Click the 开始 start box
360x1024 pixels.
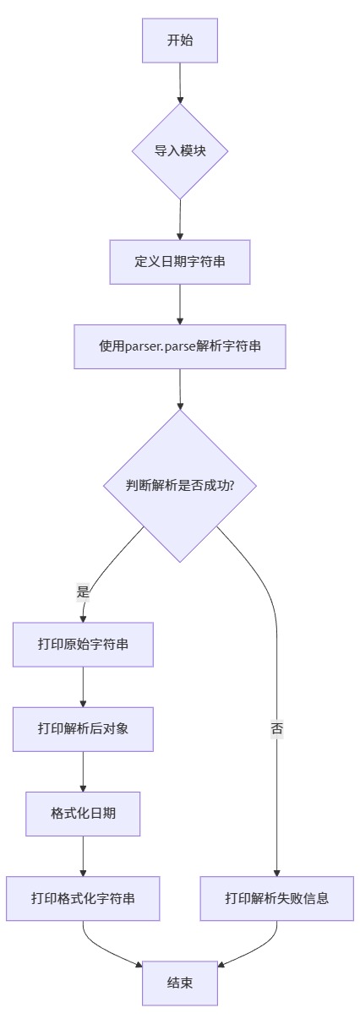click(x=180, y=41)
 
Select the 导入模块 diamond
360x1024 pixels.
click(x=180, y=152)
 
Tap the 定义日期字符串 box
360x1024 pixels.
click(x=180, y=262)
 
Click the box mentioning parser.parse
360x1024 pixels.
click(x=180, y=346)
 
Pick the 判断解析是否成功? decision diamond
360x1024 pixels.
click(x=180, y=486)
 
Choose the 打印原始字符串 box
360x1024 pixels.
click(x=83, y=645)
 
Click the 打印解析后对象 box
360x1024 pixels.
click(x=83, y=729)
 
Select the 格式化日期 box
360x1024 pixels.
click(x=83, y=814)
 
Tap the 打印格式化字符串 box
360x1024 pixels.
click(x=83, y=898)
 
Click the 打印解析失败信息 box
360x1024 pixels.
click(x=277, y=898)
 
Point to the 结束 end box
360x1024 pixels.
click(x=180, y=983)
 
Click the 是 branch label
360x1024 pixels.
click(x=83, y=592)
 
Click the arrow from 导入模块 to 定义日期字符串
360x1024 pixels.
click(x=180, y=220)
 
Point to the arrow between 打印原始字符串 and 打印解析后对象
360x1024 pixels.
click(x=83, y=687)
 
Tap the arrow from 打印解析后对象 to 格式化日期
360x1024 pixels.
click(x=83, y=771)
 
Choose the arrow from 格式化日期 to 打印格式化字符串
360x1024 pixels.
click(x=83, y=856)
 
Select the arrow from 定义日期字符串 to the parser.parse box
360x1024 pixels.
click(x=180, y=304)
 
